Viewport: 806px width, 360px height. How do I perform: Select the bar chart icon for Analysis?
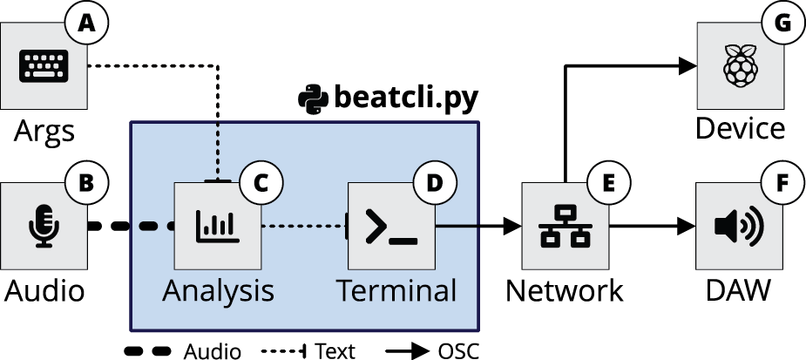click(217, 227)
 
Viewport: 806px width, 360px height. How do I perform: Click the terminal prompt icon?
click(391, 227)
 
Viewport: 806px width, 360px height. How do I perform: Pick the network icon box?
click(565, 227)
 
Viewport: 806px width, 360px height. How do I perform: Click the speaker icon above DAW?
click(738, 227)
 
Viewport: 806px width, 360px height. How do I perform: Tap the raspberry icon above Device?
click(738, 66)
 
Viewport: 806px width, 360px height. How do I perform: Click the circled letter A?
click(85, 24)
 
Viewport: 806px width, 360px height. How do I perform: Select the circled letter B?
click(85, 183)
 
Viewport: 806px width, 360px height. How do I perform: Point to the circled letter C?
click(260, 183)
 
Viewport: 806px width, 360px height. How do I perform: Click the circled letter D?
click(433, 183)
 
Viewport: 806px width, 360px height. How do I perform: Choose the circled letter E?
click(607, 183)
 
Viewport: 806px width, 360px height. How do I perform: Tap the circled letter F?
click(782, 183)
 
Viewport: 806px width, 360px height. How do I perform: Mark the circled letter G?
click(782, 24)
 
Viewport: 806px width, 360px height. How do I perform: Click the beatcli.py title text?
click(406, 98)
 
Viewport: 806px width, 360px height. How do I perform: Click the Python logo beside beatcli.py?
click(311, 98)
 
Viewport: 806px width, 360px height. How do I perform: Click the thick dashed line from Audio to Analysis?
click(131, 228)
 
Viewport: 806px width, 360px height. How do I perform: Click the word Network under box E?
click(565, 290)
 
